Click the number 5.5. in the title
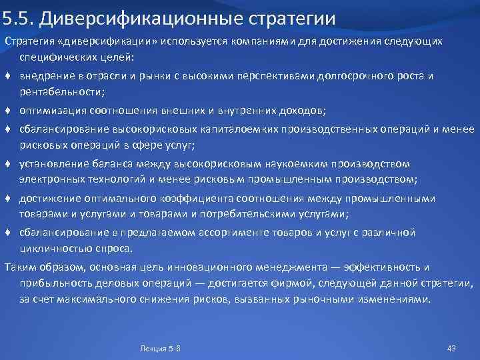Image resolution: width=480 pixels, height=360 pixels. point(19,15)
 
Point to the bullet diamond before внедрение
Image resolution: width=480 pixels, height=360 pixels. point(9,76)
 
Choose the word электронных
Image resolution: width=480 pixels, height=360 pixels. point(51,180)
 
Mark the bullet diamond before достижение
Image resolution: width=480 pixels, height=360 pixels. point(9,198)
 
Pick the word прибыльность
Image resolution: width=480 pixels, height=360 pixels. point(54,284)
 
